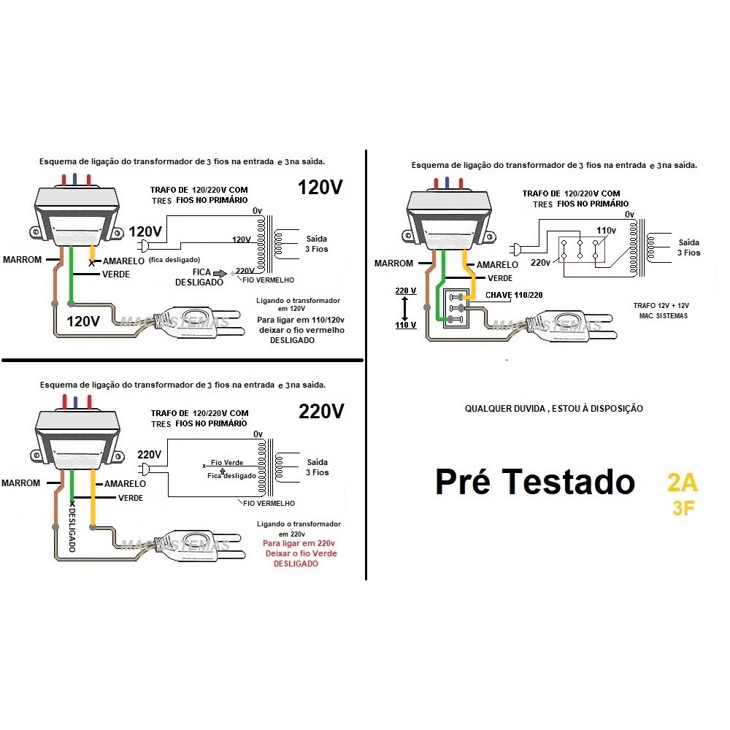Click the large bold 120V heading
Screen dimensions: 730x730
tap(320, 188)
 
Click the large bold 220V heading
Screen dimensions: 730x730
tap(320, 412)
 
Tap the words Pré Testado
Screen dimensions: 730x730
tap(534, 483)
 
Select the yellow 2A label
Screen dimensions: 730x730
tap(682, 483)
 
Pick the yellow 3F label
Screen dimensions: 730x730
tap(683, 508)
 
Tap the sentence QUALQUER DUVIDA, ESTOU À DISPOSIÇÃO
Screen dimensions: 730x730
tap(554, 409)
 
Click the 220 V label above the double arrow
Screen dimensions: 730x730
tap(406, 291)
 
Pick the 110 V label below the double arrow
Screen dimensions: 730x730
tap(406, 325)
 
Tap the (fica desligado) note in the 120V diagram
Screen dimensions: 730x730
tap(174, 260)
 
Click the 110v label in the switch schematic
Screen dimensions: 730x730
tap(606, 231)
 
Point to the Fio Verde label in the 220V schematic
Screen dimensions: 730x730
tap(226, 463)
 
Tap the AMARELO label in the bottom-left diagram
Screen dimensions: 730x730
tap(125, 484)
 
